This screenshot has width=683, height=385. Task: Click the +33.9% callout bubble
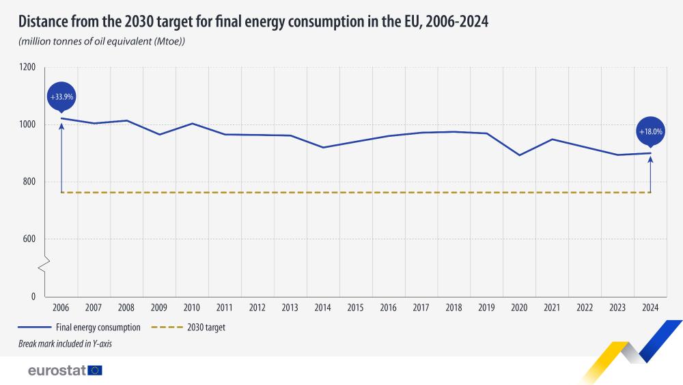pyautogui.click(x=61, y=97)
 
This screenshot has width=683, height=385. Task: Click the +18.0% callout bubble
pyautogui.click(x=650, y=131)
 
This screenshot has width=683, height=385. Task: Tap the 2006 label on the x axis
pyautogui.click(x=61, y=308)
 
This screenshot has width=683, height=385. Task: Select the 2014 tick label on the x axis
pyautogui.click(x=323, y=308)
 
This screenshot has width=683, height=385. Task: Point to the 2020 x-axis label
pyautogui.click(x=519, y=308)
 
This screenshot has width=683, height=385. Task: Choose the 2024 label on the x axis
pyautogui.click(x=650, y=308)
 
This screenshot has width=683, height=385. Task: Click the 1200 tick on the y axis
pyautogui.click(x=27, y=68)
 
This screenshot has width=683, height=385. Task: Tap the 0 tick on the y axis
pyautogui.click(x=32, y=296)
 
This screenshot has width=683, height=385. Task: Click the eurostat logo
pyautogui.click(x=65, y=370)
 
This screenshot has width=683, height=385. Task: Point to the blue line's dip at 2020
pyautogui.click(x=519, y=155)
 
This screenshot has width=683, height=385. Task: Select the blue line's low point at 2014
pyautogui.click(x=323, y=147)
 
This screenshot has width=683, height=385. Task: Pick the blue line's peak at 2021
pyautogui.click(x=552, y=140)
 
